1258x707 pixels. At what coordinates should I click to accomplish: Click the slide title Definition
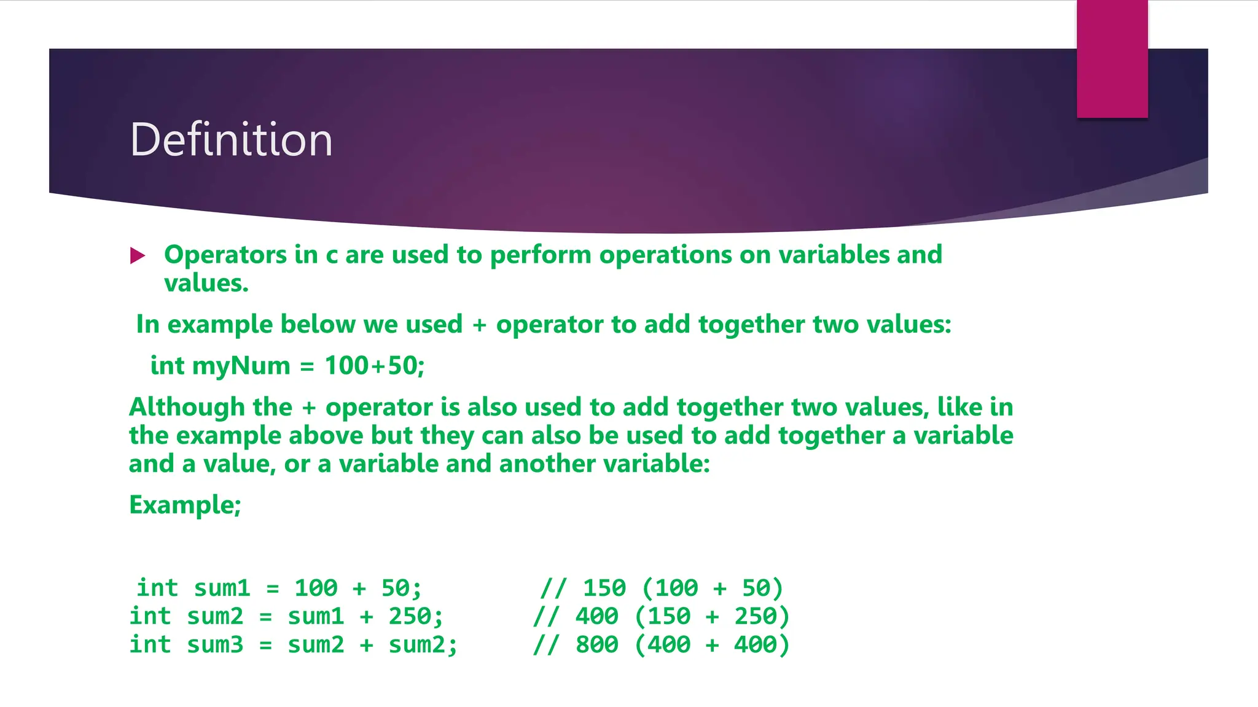231,140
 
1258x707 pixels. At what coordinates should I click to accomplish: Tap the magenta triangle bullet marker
138,255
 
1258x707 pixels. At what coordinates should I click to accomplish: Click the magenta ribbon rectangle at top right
1112,59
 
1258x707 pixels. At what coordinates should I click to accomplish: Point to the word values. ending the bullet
206,284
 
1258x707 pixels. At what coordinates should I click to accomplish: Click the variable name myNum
241,366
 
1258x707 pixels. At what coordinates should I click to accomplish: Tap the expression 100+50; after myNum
374,366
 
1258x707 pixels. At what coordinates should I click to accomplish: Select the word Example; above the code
185,505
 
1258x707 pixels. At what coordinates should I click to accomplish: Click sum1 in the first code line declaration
222,588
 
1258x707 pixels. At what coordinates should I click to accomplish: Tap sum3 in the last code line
215,644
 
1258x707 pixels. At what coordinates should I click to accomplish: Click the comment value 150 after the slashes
604,588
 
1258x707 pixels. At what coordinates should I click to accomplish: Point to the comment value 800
596,644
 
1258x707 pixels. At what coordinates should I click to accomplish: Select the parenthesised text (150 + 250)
711,616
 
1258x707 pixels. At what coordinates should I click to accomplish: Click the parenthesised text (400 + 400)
711,644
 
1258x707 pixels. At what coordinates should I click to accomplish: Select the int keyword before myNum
167,366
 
